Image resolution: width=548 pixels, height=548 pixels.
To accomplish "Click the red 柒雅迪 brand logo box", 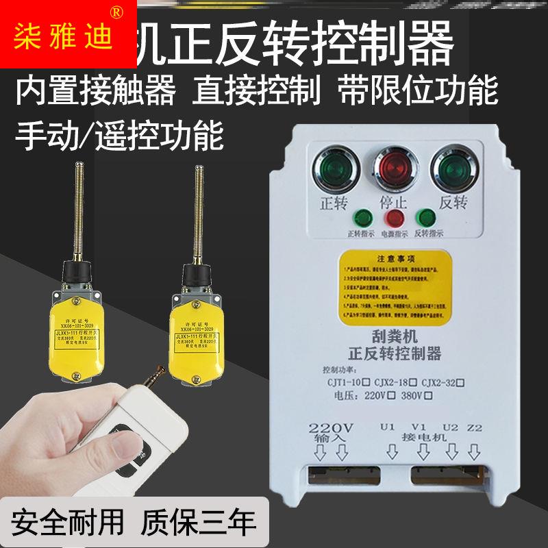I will tap(68, 34).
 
